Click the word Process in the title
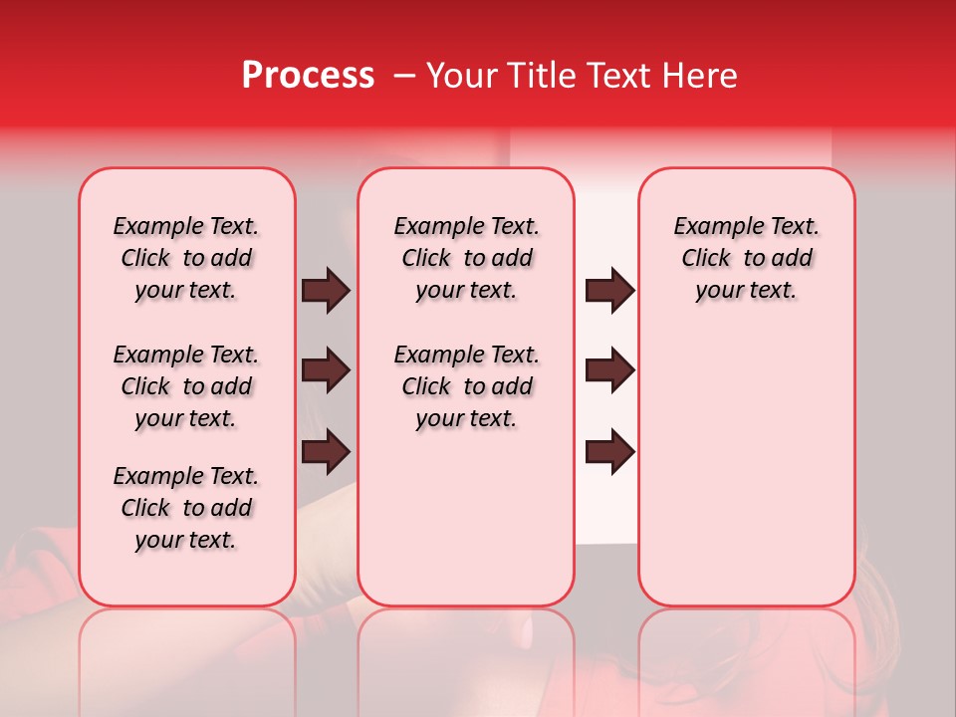point(308,76)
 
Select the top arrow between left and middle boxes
point(326,291)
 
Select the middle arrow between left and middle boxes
point(326,370)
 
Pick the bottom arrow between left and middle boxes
point(326,451)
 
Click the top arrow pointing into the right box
point(609,291)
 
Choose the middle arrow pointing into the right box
point(609,370)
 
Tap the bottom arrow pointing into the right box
point(609,451)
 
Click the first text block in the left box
point(186,258)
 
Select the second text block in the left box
point(186,386)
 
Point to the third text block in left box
point(186,508)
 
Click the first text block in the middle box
point(466,258)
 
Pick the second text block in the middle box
point(466,386)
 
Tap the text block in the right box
point(746,258)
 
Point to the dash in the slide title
point(404,76)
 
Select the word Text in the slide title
point(608,76)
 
